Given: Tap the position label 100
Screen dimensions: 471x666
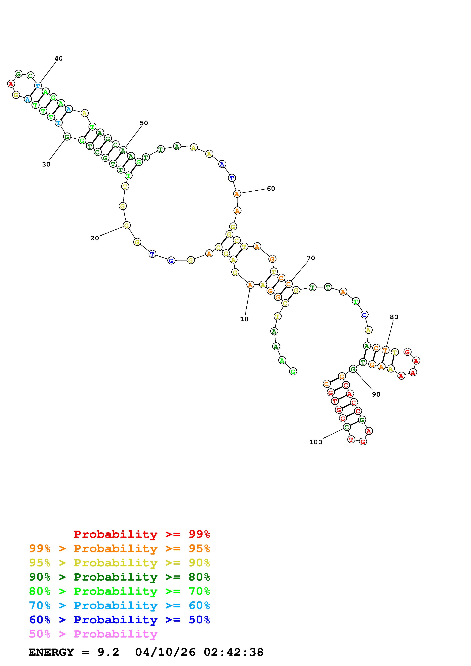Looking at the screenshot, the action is (316, 442).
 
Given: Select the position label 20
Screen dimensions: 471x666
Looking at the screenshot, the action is (95, 238).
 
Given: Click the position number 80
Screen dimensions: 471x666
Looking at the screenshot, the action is (394, 317).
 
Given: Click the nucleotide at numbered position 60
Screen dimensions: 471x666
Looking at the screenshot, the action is (237, 194).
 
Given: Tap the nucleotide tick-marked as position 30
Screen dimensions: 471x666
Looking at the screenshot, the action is (67, 137).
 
